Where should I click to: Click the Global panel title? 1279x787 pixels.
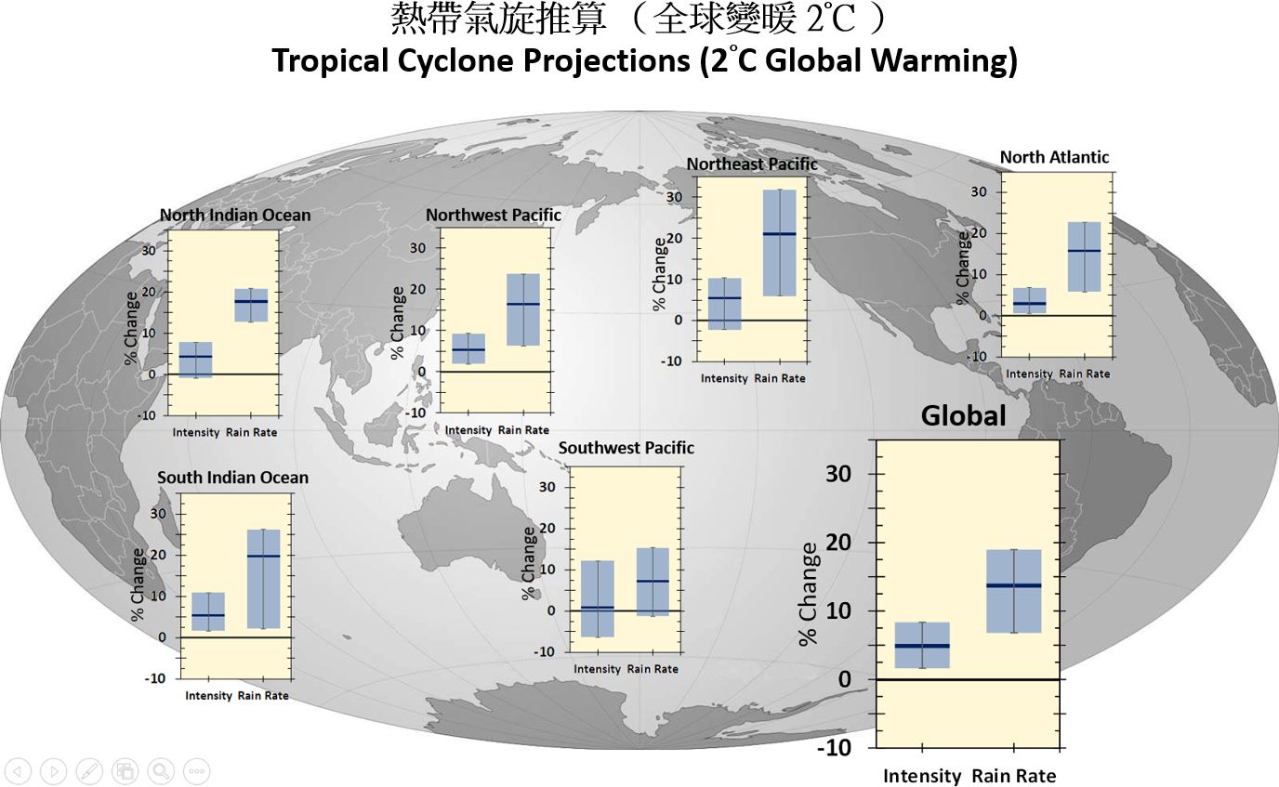coord(963,415)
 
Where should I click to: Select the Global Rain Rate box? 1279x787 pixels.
coord(1013,591)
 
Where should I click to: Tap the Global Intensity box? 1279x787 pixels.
coord(921,644)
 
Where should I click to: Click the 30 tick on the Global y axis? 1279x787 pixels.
coord(838,474)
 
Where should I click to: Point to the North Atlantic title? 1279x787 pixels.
coord(1054,157)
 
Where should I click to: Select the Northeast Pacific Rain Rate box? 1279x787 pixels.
coord(780,243)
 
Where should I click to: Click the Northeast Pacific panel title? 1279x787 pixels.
coord(752,164)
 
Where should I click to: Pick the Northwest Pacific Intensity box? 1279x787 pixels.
coord(468,348)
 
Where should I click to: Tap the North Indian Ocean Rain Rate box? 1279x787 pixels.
coord(251,306)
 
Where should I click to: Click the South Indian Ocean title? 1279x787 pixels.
coord(232,478)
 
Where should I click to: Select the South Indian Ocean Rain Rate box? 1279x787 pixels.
coord(263,579)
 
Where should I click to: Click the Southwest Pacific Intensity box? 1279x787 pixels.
coord(597,598)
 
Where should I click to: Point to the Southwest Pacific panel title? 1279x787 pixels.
coord(626,448)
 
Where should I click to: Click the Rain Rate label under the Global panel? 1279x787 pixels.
coord(1014,776)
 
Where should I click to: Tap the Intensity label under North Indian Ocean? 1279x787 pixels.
coord(196,432)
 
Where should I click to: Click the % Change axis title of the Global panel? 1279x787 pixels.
coord(810,594)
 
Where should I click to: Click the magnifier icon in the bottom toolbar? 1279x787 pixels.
coord(160,770)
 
